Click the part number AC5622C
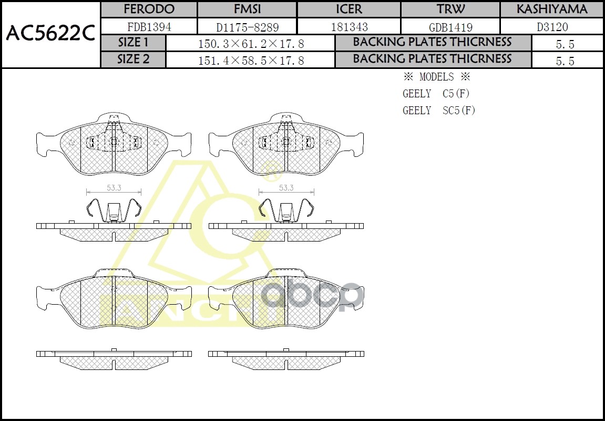pyautogui.click(x=50, y=34)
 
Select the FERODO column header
pyautogui.click(x=149, y=9)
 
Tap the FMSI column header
pyautogui.click(x=247, y=9)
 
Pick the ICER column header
pyautogui.click(x=349, y=9)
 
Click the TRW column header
pyautogui.click(x=450, y=9)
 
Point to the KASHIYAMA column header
pyautogui.click(x=552, y=9)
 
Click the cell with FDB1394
pyautogui.click(x=149, y=27)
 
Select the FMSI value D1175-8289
pyautogui.click(x=247, y=27)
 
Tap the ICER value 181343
pyautogui.click(x=349, y=27)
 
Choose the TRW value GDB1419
pyautogui.click(x=450, y=27)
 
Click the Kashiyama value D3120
pyautogui.click(x=552, y=27)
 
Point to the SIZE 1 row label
pyautogui.click(x=133, y=43)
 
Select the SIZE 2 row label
pyautogui.click(x=133, y=59)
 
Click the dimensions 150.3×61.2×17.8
pyautogui.click(x=251, y=44)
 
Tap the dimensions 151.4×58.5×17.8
pyautogui.click(x=251, y=61)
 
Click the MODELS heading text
pyautogui.click(x=436, y=77)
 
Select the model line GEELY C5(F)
pyautogui.click(x=436, y=94)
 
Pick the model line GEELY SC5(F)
pyautogui.click(x=439, y=111)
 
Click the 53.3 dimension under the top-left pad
pyautogui.click(x=114, y=187)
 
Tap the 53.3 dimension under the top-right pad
pyautogui.click(x=286, y=187)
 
